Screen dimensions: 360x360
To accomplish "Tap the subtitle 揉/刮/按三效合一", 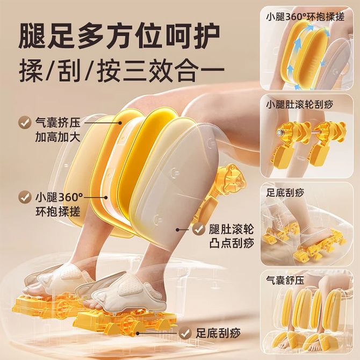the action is (x=121, y=69).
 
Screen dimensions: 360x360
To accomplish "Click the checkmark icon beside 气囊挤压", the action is (x=25, y=122).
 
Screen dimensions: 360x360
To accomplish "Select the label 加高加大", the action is (x=57, y=137).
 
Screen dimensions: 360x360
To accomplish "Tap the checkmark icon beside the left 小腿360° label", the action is (x=25, y=197).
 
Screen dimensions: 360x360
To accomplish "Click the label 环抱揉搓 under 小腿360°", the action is (x=57, y=212).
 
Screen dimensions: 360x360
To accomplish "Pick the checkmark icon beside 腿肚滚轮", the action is (x=199, y=229).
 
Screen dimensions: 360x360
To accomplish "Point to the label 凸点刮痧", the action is (x=231, y=243).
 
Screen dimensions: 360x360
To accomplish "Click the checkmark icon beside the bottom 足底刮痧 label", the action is (x=185, y=333).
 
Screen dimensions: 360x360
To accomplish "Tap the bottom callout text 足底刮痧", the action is (x=218, y=333).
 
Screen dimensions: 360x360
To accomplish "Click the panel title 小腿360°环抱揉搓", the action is (x=305, y=17).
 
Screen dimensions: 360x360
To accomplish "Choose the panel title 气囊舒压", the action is (x=285, y=280).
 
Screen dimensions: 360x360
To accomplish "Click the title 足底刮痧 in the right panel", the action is (x=285, y=193).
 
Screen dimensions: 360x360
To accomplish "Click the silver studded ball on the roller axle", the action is (x=280, y=133).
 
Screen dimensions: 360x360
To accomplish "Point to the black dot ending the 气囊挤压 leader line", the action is (x=120, y=123).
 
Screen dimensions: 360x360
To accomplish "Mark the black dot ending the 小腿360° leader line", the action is (x=106, y=197).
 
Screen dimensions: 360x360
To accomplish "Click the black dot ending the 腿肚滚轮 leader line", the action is (x=177, y=229).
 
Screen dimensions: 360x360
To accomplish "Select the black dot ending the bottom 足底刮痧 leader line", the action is (x=138, y=333).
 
